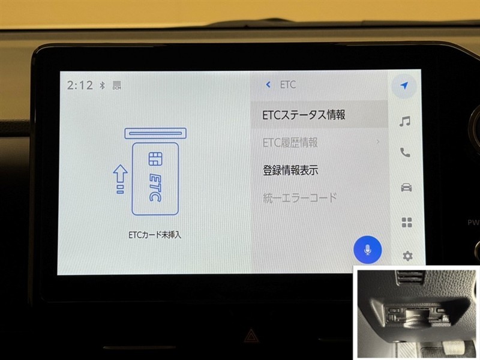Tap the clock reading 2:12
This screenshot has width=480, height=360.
click(x=80, y=85)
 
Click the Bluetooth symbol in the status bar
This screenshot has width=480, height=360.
click(x=102, y=85)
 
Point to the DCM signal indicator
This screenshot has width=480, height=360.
click(x=117, y=85)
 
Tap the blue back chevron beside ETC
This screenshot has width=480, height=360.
click(x=268, y=85)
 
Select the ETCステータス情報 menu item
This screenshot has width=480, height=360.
click(x=304, y=115)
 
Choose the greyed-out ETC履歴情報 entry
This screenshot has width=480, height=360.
click(x=290, y=142)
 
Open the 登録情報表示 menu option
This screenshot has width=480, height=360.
click(x=290, y=170)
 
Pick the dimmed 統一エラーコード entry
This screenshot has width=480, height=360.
click(x=299, y=198)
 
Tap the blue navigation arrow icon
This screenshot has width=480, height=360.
click(x=404, y=86)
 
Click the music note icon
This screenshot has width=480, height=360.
click(x=404, y=121)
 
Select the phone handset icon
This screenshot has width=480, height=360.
click(x=405, y=152)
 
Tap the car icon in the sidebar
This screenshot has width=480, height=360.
click(x=406, y=187)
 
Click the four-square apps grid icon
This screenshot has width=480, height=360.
click(x=407, y=222)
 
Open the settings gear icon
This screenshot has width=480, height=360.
click(x=407, y=256)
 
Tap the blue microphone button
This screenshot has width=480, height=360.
click(x=367, y=250)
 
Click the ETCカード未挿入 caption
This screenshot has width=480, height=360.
click(x=155, y=235)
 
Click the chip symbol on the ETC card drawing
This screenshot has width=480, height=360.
click(x=155, y=159)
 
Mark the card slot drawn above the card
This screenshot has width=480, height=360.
click(x=155, y=133)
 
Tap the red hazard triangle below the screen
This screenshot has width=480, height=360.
click(x=251, y=336)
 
